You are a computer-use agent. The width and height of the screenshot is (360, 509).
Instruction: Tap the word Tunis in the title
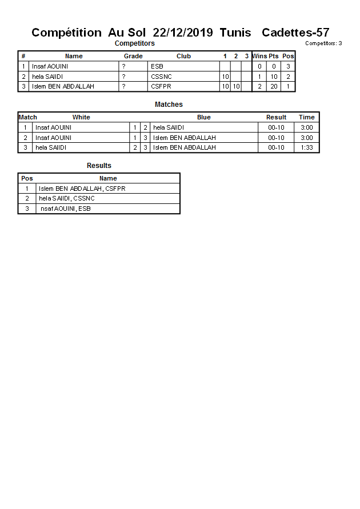[x=235, y=33]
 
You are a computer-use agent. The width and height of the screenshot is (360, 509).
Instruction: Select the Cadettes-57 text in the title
[x=295, y=33]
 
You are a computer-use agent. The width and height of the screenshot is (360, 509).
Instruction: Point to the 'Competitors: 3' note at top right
[x=323, y=43]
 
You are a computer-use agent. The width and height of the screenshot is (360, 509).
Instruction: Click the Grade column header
[x=133, y=56]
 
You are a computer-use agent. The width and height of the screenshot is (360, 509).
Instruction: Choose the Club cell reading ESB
[x=157, y=66]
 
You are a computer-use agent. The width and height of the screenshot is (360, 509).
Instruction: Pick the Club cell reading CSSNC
[x=161, y=77]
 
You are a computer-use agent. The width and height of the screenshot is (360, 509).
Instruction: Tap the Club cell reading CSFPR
[x=161, y=87]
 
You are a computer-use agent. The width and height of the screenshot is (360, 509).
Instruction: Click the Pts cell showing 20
[x=274, y=87]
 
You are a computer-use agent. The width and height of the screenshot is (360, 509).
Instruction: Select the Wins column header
[x=259, y=56]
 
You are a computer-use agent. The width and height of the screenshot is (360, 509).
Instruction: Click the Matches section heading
[x=169, y=105]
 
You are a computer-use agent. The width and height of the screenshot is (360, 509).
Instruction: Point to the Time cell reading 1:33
[x=307, y=147]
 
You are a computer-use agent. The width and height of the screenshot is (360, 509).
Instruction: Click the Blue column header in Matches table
[x=203, y=117]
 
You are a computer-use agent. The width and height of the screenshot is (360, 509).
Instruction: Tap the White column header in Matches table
[x=81, y=117]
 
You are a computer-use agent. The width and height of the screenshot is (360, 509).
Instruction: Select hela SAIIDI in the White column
[x=51, y=147]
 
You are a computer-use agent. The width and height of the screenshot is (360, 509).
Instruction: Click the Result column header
[x=276, y=117]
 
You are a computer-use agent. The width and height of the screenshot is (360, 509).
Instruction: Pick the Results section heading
[x=99, y=166]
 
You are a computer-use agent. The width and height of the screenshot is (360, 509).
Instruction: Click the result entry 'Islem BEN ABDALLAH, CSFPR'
[x=82, y=189]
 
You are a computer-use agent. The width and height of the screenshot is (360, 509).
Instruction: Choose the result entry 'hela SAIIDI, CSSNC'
[x=67, y=198]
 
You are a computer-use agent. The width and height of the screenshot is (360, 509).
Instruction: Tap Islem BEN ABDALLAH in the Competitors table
[x=63, y=87]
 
